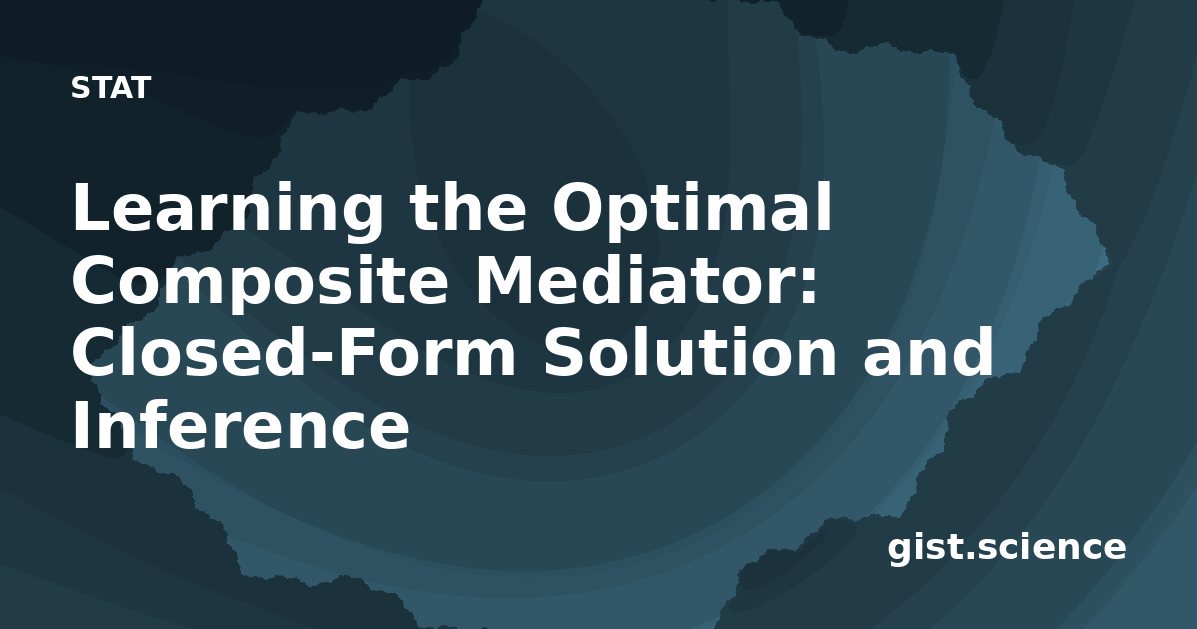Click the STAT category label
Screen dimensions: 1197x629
tap(111, 88)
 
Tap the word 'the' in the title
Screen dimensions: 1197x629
tap(468, 206)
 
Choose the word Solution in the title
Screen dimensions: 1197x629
tap(689, 351)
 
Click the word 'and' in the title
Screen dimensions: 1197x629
tap(929, 351)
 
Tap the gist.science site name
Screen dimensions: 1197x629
tap(1006, 549)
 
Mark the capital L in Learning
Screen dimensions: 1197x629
tap(93, 206)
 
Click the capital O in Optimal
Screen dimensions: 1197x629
tap(580, 206)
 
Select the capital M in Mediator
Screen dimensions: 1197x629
tap(507, 279)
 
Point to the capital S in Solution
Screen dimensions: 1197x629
tap(564, 351)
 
